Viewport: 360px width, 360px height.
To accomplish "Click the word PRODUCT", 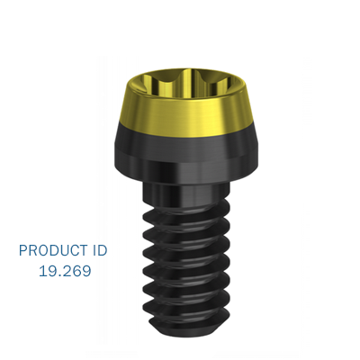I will pos(54,250).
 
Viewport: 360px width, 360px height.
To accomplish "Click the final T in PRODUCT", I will pos(86,250).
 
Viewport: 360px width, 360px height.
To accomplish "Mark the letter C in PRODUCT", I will pos(76,250).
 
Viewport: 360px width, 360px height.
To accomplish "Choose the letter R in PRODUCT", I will pos(32,250).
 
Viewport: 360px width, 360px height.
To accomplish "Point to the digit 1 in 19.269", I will pos(42,269).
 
